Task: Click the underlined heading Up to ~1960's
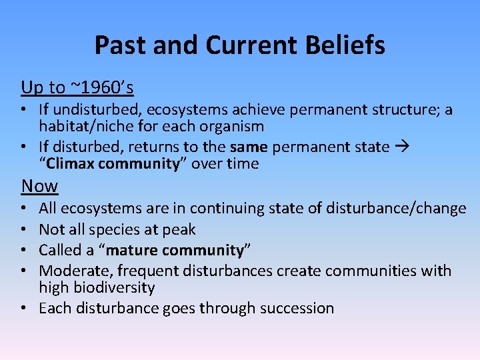[77, 87]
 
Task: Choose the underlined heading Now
[39, 185]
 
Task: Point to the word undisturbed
[93, 109]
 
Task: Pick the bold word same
[249, 146]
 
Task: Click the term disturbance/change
[396, 209]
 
